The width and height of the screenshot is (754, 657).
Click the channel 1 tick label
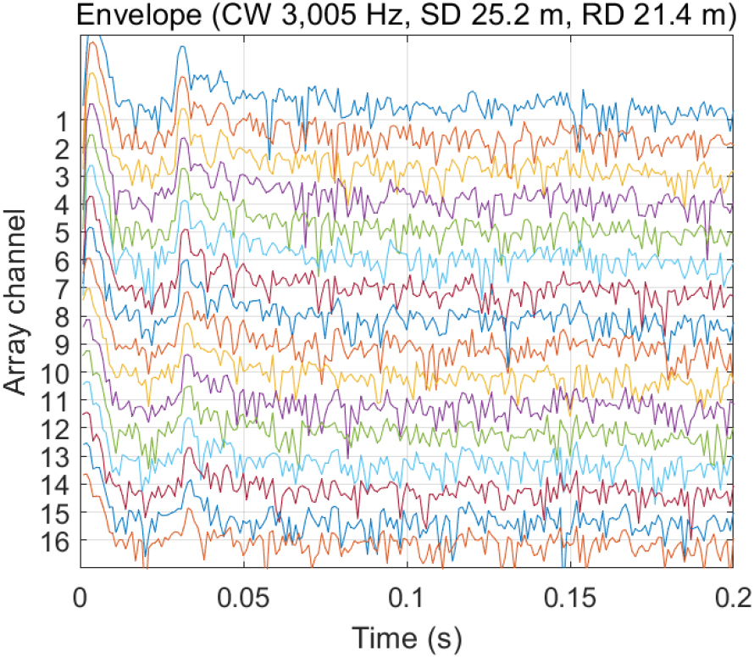(x=62, y=121)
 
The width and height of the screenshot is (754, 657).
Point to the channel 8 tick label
(x=62, y=316)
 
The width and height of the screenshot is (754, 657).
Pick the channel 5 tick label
(x=62, y=232)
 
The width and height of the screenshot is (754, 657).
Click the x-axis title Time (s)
(x=406, y=637)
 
